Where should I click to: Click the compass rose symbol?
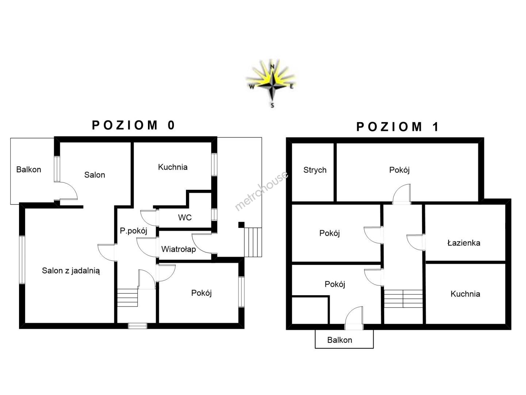point(271,83)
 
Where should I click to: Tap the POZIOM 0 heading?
point(133,125)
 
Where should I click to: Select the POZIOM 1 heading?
point(397,127)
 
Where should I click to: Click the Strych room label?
point(315,170)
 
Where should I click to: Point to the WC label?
point(185,218)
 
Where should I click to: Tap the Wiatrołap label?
point(179,249)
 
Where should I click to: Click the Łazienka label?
point(464,243)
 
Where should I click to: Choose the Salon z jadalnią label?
point(71,271)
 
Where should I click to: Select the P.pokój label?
point(133,231)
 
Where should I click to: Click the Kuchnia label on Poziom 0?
point(172,167)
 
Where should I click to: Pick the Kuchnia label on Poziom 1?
point(465,294)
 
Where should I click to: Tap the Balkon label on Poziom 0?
point(28,170)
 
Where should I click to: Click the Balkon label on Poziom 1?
point(340,340)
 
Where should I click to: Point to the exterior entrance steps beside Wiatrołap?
point(253,242)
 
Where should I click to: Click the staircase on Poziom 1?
point(403,298)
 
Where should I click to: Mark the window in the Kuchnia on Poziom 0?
point(214,165)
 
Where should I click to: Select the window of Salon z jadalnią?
point(22,260)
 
